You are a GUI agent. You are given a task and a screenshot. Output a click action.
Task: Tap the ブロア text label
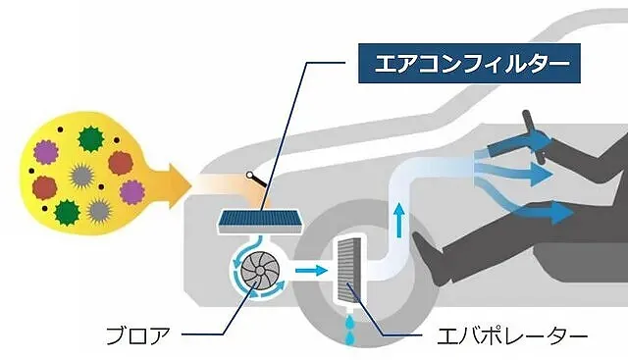click(140, 336)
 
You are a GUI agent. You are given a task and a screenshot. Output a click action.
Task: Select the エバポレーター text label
click(510, 336)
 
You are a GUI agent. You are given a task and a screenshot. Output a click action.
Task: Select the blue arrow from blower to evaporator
click(313, 266)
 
